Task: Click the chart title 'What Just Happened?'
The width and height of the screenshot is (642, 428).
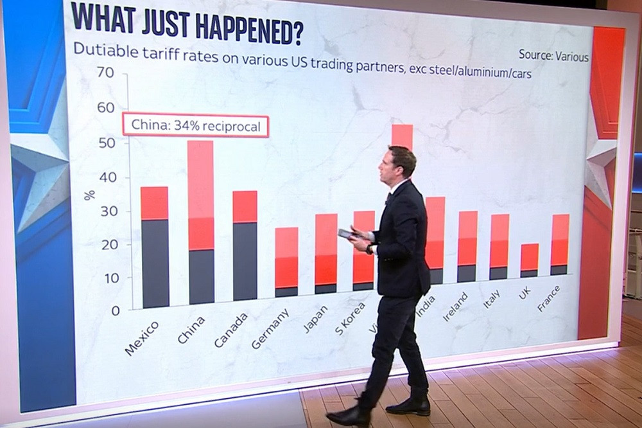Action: (187, 24)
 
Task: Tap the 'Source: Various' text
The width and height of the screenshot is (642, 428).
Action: (553, 57)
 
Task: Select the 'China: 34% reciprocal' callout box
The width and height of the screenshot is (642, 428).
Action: (195, 127)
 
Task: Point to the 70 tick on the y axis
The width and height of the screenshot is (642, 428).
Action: (105, 73)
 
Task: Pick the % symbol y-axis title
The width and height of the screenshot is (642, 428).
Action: (90, 195)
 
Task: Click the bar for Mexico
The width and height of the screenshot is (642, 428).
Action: (155, 247)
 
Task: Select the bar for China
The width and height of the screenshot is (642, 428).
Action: (201, 222)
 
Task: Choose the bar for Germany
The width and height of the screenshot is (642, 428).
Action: (286, 262)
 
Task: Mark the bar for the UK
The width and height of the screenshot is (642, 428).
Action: (529, 260)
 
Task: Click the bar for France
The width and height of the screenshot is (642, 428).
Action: (559, 245)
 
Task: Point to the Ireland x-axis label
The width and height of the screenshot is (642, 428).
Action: (456, 307)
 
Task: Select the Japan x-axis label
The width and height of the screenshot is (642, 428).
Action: (315, 318)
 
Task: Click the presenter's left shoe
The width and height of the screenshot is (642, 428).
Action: (408, 405)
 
